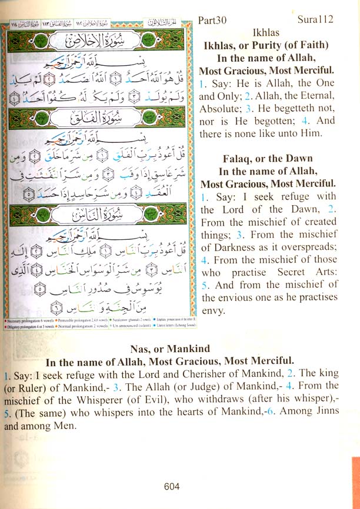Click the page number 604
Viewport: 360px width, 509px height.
point(172,486)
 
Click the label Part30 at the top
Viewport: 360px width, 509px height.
point(215,19)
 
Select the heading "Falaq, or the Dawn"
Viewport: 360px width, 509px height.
point(268,159)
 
